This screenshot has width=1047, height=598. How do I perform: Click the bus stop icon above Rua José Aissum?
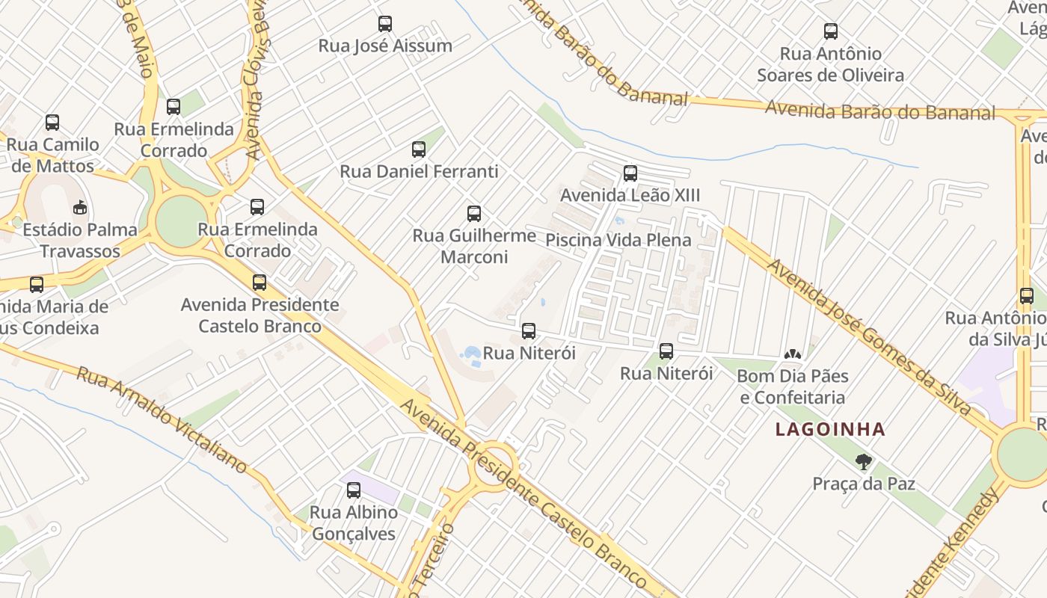pos(385,24)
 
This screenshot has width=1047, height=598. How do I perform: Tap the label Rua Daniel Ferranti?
pos(419,171)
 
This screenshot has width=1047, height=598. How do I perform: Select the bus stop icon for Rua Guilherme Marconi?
pos(474,214)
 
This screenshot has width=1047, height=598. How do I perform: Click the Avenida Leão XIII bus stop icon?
pos(630,173)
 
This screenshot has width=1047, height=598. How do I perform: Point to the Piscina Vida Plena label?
pos(618,241)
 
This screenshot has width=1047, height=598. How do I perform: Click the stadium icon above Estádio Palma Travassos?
pos(80,207)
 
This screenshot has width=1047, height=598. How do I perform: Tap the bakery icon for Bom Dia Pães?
pos(792,354)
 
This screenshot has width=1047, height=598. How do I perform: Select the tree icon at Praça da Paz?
pos(864,462)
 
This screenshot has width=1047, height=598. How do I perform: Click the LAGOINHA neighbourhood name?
pos(830,430)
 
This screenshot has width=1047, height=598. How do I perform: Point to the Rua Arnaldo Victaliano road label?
pos(162,419)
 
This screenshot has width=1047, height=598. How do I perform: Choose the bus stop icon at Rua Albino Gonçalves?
pos(354,490)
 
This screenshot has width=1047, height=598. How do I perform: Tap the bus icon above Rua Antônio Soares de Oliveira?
pos(831,31)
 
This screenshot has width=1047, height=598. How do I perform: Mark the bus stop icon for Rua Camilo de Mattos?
pos(52,123)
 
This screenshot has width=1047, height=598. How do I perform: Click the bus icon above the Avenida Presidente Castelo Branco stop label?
pos(260,283)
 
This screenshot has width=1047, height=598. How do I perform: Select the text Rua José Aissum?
pos(385,46)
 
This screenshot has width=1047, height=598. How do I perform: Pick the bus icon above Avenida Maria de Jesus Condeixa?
pos(37,285)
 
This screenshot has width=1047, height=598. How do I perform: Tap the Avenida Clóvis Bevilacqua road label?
pos(256,82)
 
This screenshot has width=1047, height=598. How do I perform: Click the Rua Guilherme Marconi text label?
pos(474,246)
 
